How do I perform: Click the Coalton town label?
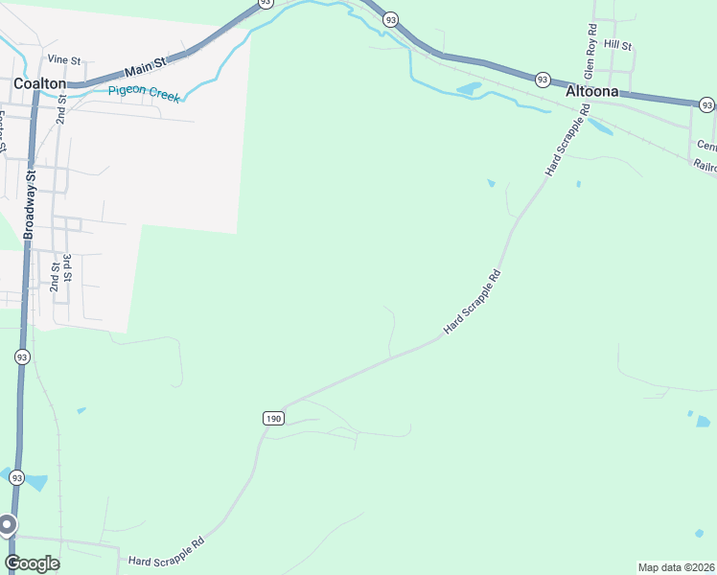click(x=39, y=83)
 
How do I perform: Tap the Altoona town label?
click(x=597, y=92)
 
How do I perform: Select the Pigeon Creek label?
click(x=145, y=91)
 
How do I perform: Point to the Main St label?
click(x=146, y=65)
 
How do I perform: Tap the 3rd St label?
click(x=67, y=265)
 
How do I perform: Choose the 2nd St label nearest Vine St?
click(x=61, y=113)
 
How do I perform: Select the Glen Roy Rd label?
click(x=590, y=53)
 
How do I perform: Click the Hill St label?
click(x=618, y=45)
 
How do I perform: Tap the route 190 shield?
click(x=273, y=419)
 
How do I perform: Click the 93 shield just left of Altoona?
click(x=543, y=80)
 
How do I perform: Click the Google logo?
click(x=32, y=563)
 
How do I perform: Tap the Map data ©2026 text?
click(x=676, y=567)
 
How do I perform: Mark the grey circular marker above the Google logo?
click(x=7, y=524)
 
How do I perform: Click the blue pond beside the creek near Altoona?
click(x=470, y=89)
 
